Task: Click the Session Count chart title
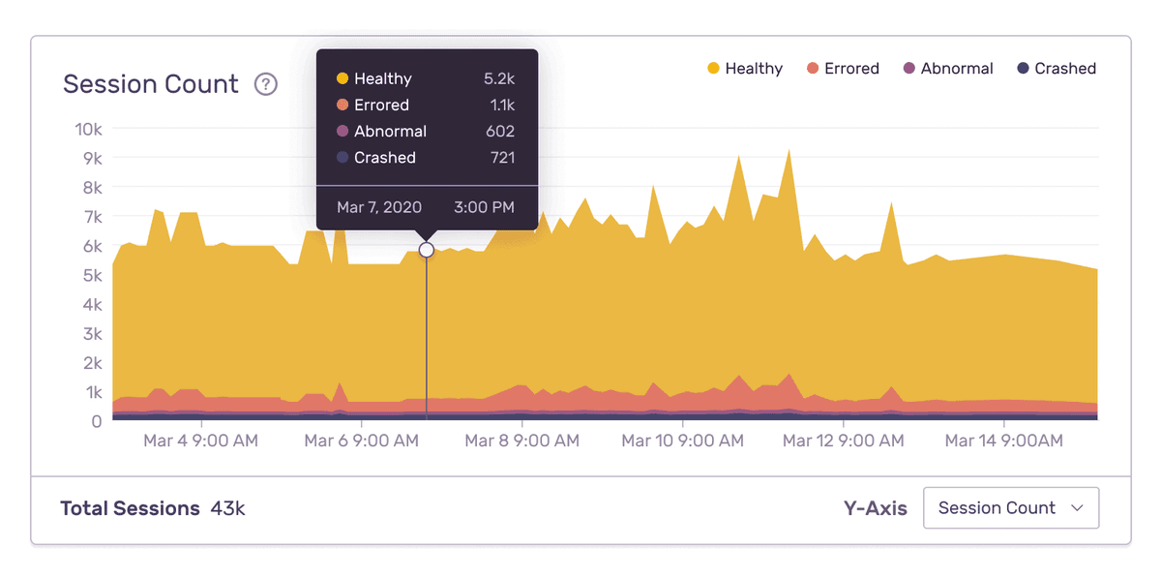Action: (x=150, y=84)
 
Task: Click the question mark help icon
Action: (x=266, y=84)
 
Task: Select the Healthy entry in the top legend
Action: (x=744, y=69)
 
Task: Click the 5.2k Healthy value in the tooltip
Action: (x=499, y=78)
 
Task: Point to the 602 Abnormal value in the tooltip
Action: (x=500, y=131)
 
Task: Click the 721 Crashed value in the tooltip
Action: (x=502, y=157)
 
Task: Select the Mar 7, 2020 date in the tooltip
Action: (x=379, y=207)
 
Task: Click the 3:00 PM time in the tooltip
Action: (x=484, y=207)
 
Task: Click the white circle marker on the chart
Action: (x=427, y=250)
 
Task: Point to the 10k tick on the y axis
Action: (x=89, y=129)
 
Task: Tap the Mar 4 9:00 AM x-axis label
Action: (x=201, y=441)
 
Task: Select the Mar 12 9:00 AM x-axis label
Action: (x=843, y=441)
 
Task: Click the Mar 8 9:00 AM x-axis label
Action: (x=521, y=441)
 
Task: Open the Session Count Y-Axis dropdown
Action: (x=1011, y=507)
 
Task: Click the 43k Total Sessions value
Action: (x=227, y=508)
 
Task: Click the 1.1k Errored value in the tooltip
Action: (x=501, y=105)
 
